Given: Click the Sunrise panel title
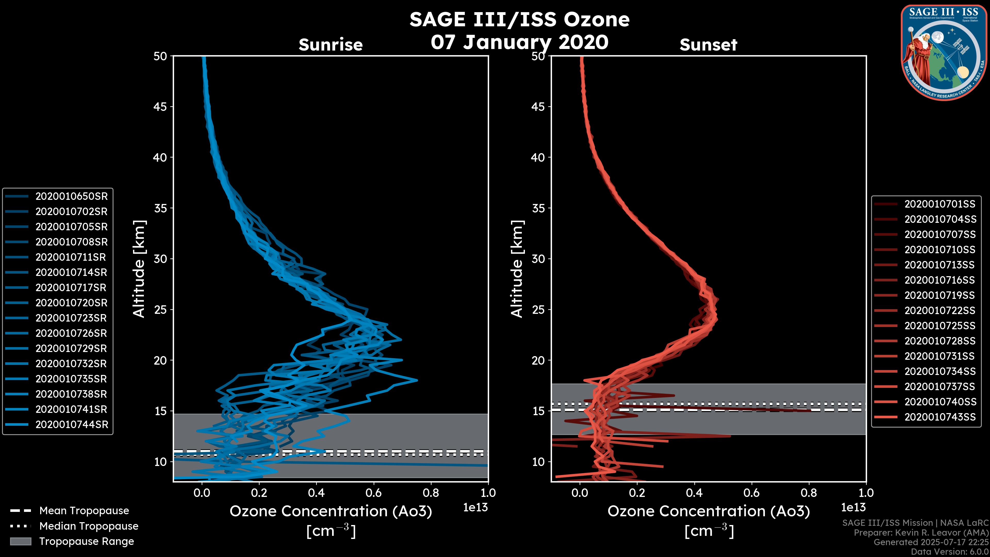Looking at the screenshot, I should tap(331, 45).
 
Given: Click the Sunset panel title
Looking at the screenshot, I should tap(708, 45).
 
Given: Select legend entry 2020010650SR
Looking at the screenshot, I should tap(71, 196).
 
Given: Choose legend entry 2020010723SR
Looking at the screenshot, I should tap(71, 318).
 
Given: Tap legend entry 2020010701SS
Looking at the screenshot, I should tap(940, 204).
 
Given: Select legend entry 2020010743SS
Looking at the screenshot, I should tap(940, 417).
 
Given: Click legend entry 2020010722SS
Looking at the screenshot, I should tap(940, 310).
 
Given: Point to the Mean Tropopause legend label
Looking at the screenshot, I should tap(84, 511).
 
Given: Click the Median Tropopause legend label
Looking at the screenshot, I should tap(89, 526).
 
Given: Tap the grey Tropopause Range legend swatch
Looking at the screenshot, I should tap(21, 542).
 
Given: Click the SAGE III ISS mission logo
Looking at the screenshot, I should tap(944, 52).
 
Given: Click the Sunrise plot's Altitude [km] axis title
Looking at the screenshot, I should tap(139, 269).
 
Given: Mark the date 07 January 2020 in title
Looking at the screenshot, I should tap(519, 42).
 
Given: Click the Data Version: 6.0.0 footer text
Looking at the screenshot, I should tap(950, 552).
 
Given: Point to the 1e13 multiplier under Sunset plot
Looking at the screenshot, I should tap(853, 508).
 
